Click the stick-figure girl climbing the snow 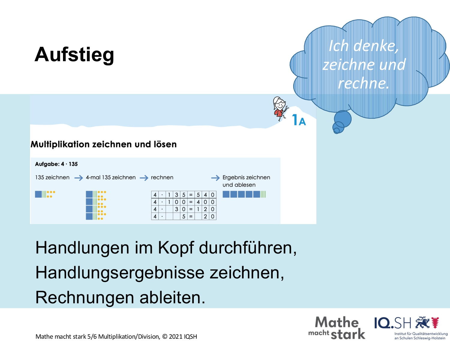280,108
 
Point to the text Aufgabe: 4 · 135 56,164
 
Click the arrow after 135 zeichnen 79,178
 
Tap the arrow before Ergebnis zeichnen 215,178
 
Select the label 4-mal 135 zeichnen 111,177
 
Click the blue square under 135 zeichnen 38,194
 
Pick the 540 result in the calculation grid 205,195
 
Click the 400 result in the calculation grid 205,202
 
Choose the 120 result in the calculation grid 205,209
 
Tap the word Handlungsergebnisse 120,273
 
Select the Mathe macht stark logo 337,328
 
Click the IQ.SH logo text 393,323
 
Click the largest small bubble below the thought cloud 343,119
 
